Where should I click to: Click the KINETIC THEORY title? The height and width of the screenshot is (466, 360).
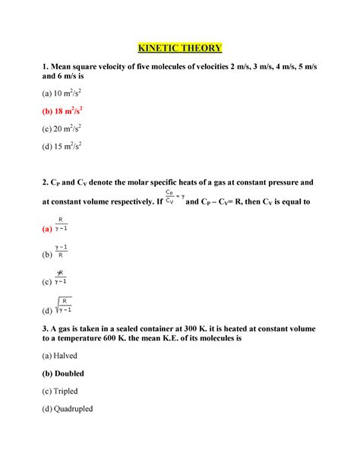click(x=179, y=48)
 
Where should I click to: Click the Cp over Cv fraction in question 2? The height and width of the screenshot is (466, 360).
click(x=172, y=198)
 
